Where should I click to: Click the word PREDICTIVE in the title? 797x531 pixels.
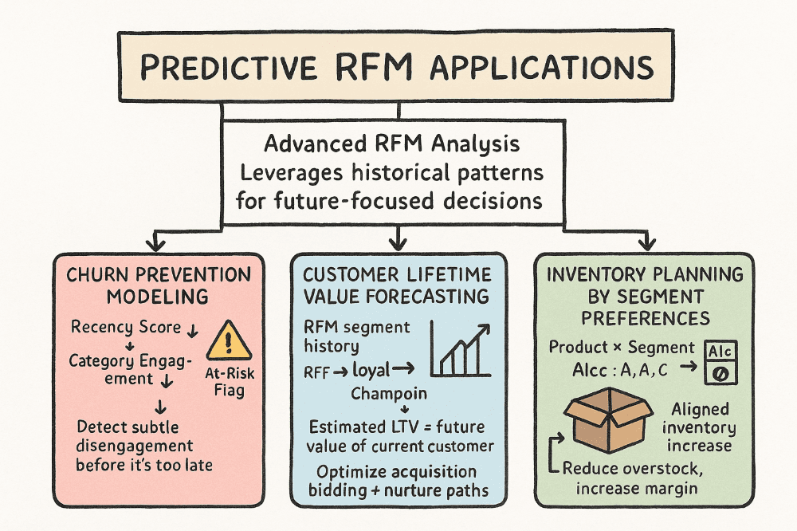(228, 68)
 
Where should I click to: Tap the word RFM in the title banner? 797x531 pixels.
(375, 67)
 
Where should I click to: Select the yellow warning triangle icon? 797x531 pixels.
(229, 340)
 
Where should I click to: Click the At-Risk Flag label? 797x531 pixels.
(230, 382)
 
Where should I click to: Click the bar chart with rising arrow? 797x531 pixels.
(461, 349)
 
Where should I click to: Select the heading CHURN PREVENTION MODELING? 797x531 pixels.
(159, 285)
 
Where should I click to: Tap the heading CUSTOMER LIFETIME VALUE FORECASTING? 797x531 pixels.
(397, 285)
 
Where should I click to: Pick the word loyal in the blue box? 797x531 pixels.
(371, 371)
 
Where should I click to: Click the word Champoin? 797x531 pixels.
(389, 394)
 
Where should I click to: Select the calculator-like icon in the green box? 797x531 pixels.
(720, 362)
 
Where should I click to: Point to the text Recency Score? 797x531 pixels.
(126, 327)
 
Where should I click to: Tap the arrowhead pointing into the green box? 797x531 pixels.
(646, 243)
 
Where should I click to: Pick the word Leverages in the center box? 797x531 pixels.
(291, 174)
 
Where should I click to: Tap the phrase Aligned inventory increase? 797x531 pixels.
(700, 427)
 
